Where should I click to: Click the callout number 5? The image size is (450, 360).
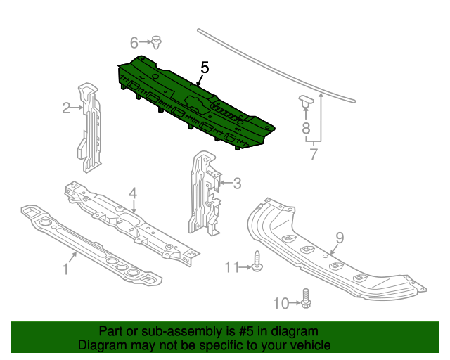coord(205,68)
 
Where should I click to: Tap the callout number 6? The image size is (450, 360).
coord(134,43)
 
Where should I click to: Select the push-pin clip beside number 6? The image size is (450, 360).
coord(156,42)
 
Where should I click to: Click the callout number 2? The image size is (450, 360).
coord(66,108)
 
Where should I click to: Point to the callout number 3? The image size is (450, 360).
coord(237,183)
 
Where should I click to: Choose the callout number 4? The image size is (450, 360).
coord(133,193)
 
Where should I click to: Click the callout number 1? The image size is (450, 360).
coord(65,269)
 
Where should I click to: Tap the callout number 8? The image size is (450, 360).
coord(306,128)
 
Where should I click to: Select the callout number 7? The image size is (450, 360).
coord(314,154)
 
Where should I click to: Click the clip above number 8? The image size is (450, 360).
coord(307,101)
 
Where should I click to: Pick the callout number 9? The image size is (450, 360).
coord(340,238)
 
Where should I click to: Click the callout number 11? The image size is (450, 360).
coord(231,267)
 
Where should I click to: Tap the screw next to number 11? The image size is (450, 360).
coord(256,261)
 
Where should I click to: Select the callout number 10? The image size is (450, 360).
coord(281,303)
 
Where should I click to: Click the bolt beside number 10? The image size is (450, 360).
coord(307,299)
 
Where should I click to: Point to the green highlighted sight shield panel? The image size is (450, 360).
coord(195,104)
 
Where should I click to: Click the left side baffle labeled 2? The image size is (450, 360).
coord(89,128)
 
